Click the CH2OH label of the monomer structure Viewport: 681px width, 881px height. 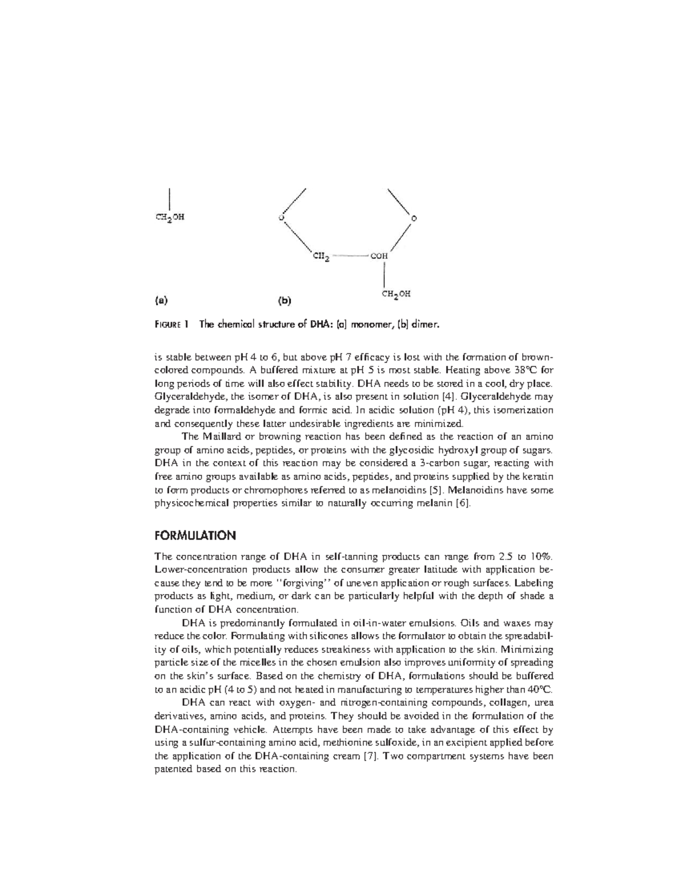coord(169,217)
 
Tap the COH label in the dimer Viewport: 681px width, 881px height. coord(379,256)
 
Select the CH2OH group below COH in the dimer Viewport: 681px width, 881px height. coord(396,294)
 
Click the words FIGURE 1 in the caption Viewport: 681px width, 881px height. coord(171,325)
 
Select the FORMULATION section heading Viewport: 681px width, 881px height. coord(195,536)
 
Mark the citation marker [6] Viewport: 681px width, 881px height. coord(464,503)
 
